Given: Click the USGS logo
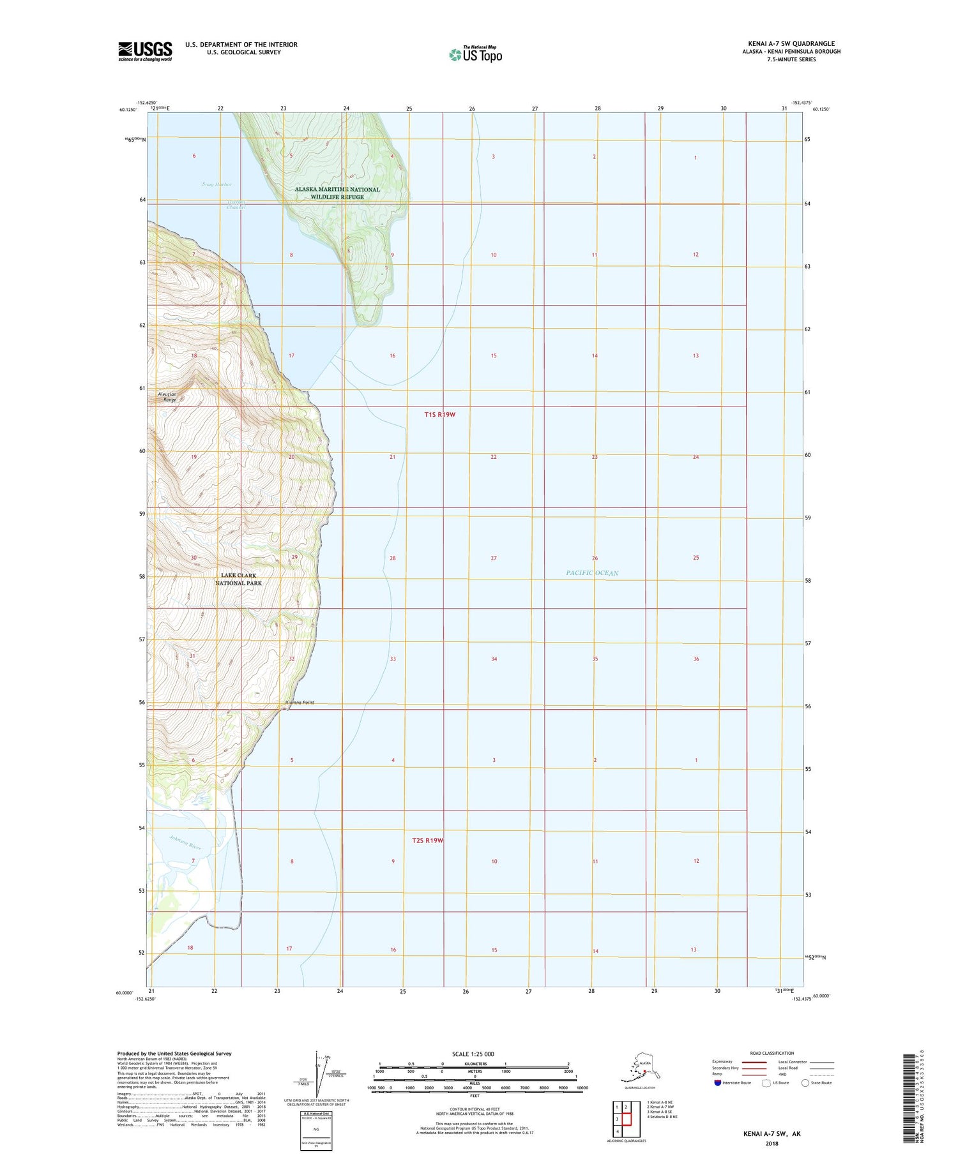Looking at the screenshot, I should click(x=145, y=51).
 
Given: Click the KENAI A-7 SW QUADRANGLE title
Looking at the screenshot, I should click(x=791, y=44).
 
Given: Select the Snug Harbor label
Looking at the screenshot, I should click(x=217, y=184).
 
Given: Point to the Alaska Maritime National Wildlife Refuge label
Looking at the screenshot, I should click(x=337, y=193).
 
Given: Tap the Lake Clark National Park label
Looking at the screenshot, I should click(x=238, y=579).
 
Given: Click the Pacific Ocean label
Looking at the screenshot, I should click(x=592, y=573).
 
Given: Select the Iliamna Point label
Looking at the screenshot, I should click(x=300, y=703).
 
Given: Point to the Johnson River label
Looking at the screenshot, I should click(x=185, y=842).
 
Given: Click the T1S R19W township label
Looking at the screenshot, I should click(x=439, y=415).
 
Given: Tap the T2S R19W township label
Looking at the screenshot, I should click(x=427, y=840).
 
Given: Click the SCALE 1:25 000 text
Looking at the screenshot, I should click(x=473, y=1054).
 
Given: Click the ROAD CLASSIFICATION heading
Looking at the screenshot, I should click(x=772, y=1053).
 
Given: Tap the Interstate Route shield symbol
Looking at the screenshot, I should click(x=718, y=1083).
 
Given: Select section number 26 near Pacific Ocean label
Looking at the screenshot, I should click(x=595, y=558).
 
